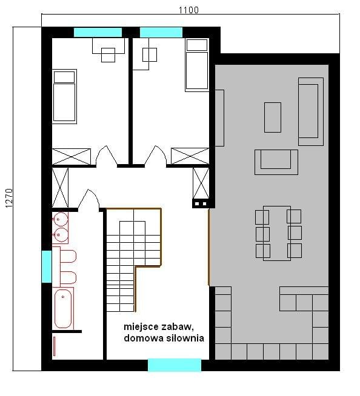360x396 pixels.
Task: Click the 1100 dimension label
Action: [188, 10]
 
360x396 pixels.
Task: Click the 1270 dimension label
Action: [9, 198]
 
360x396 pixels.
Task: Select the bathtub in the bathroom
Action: [63, 308]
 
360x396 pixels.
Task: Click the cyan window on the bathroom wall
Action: [47, 266]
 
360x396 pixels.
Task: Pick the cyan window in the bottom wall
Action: [175, 365]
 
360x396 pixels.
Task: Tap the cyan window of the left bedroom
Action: [98, 32]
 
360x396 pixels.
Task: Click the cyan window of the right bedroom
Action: [161, 32]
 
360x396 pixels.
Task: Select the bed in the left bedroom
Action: [64, 96]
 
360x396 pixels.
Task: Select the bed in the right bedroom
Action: [197, 65]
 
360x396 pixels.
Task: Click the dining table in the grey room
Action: [277, 233]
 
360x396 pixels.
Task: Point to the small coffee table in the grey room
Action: [273, 117]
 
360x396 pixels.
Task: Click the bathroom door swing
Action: [88, 200]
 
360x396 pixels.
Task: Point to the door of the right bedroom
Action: [156, 156]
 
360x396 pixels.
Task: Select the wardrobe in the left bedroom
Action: [72, 157]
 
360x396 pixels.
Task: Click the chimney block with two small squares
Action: [201, 203]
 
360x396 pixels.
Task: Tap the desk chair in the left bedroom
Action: [108, 55]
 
